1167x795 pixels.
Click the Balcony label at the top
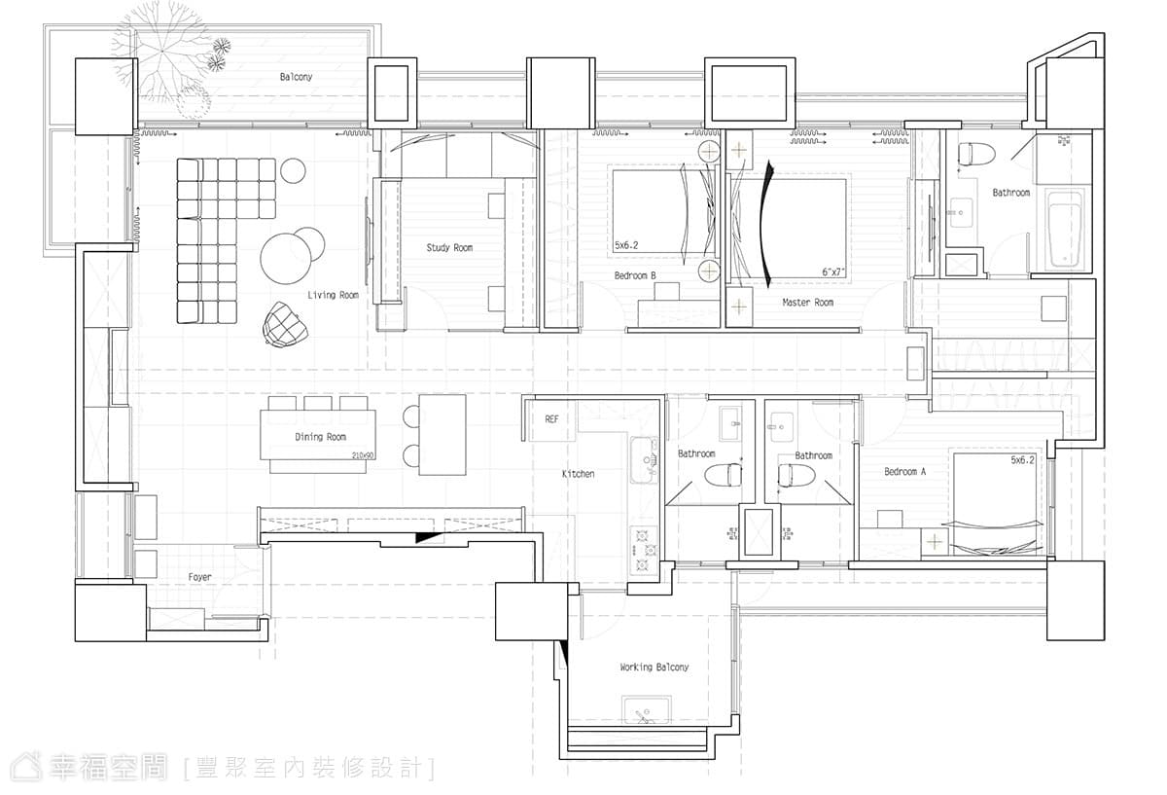296,77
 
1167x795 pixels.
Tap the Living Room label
333,295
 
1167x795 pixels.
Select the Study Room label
449,247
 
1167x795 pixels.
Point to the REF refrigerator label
551,419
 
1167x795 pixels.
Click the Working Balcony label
654,667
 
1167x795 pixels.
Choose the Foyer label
200,577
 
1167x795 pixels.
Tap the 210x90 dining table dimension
363,455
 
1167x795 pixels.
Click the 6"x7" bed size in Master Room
833,272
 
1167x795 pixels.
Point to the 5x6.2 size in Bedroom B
626,245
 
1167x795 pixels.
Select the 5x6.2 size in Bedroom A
1023,460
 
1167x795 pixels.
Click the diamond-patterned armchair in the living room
284,325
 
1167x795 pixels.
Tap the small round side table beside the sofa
293,170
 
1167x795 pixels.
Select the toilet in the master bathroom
976,154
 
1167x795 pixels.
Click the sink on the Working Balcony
646,710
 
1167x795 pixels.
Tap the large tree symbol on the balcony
162,53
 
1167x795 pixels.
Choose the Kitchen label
579,474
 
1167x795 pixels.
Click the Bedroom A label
905,472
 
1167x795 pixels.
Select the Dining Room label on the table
320,437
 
